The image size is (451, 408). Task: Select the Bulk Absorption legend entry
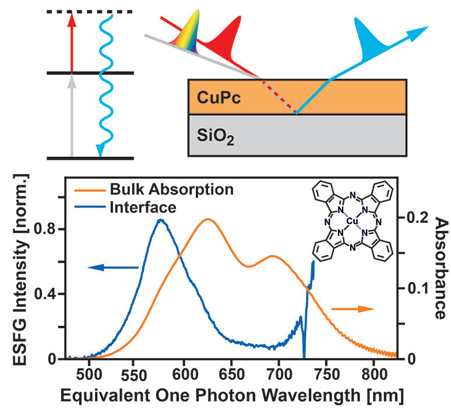point(169,190)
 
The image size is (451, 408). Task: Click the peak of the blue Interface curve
point(161,220)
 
